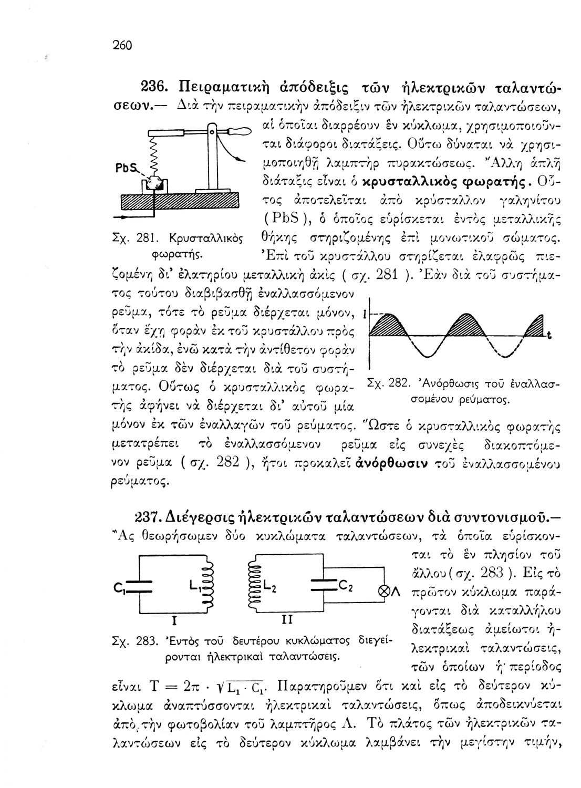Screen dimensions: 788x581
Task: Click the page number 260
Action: pos(121,45)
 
